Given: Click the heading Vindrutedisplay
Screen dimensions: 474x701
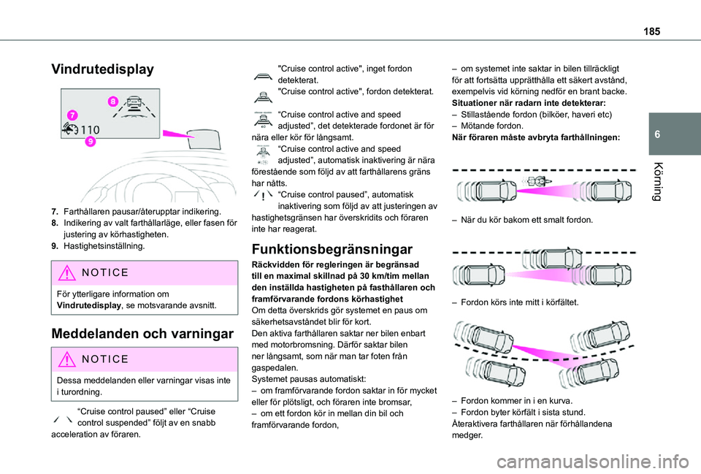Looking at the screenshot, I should [102, 70].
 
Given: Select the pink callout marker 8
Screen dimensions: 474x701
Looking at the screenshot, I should [113, 101].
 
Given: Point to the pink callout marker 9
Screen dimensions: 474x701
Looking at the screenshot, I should [91, 142].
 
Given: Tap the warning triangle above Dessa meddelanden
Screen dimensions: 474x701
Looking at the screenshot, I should [69, 359].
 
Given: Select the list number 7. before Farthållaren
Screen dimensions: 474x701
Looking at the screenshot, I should [55, 210].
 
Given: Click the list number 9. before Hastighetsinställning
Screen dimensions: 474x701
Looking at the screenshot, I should [55, 247].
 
